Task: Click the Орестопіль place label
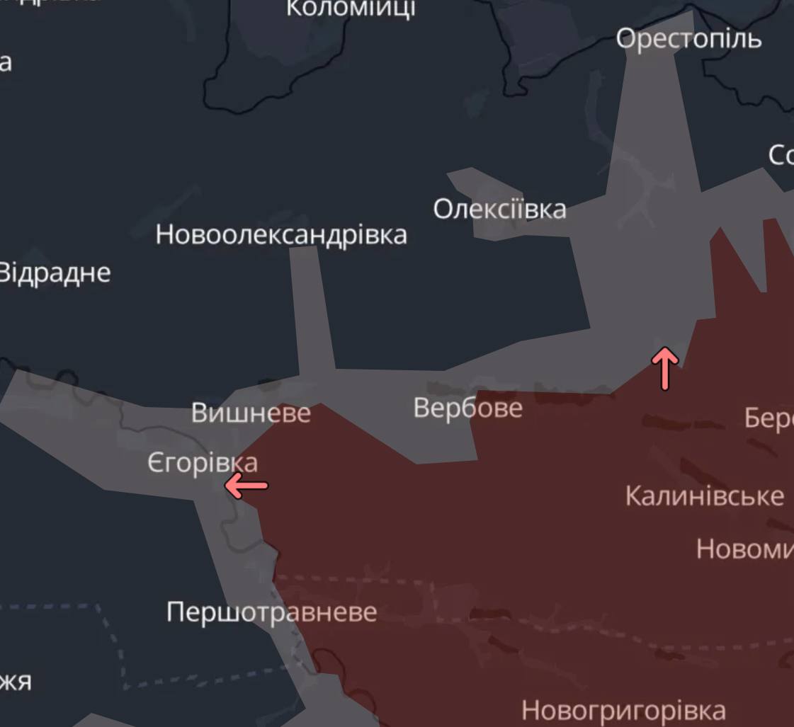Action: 688,38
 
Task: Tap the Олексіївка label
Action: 499,210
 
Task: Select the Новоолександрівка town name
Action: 281,234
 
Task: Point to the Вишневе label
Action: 251,413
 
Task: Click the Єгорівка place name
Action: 203,463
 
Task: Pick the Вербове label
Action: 467,408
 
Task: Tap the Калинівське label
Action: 704,496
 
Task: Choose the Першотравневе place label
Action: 271,612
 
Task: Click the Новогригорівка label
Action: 623,709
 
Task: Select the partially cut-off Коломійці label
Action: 350,8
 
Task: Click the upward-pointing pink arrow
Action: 664,367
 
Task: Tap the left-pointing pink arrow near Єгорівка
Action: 246,486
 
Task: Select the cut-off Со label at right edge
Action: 781,155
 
